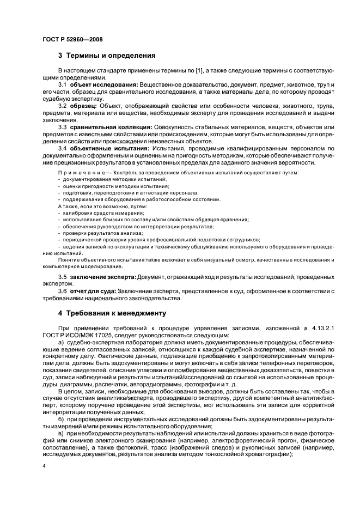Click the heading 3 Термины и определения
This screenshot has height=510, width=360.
107,56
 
